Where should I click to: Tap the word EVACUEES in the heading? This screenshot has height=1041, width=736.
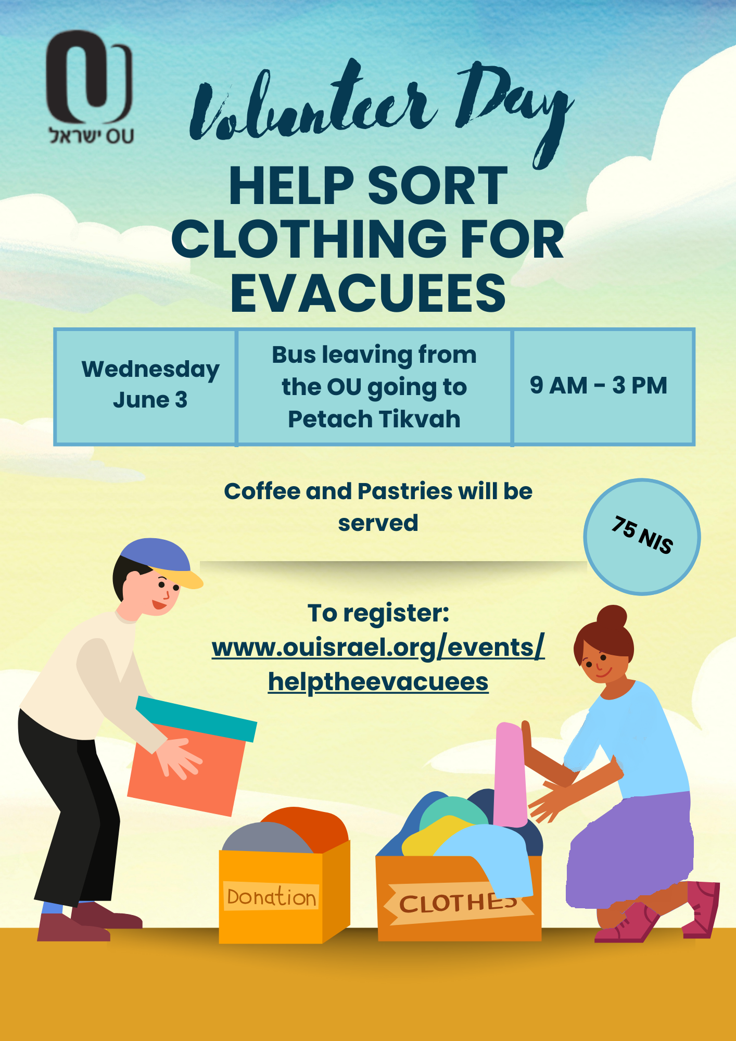click(368, 293)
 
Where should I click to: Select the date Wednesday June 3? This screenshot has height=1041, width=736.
click(150, 385)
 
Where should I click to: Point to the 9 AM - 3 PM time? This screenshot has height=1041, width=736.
click(599, 385)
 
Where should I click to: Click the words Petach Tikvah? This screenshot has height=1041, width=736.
click(374, 419)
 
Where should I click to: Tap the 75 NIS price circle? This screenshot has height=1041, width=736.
click(642, 537)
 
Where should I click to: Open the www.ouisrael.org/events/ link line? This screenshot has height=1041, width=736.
click(378, 648)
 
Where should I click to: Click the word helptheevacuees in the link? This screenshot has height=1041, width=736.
click(378, 682)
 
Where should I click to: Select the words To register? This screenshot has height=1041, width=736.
click(378, 613)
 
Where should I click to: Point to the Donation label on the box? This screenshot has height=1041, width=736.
click(271, 896)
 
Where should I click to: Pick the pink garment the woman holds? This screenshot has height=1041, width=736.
click(511, 774)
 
